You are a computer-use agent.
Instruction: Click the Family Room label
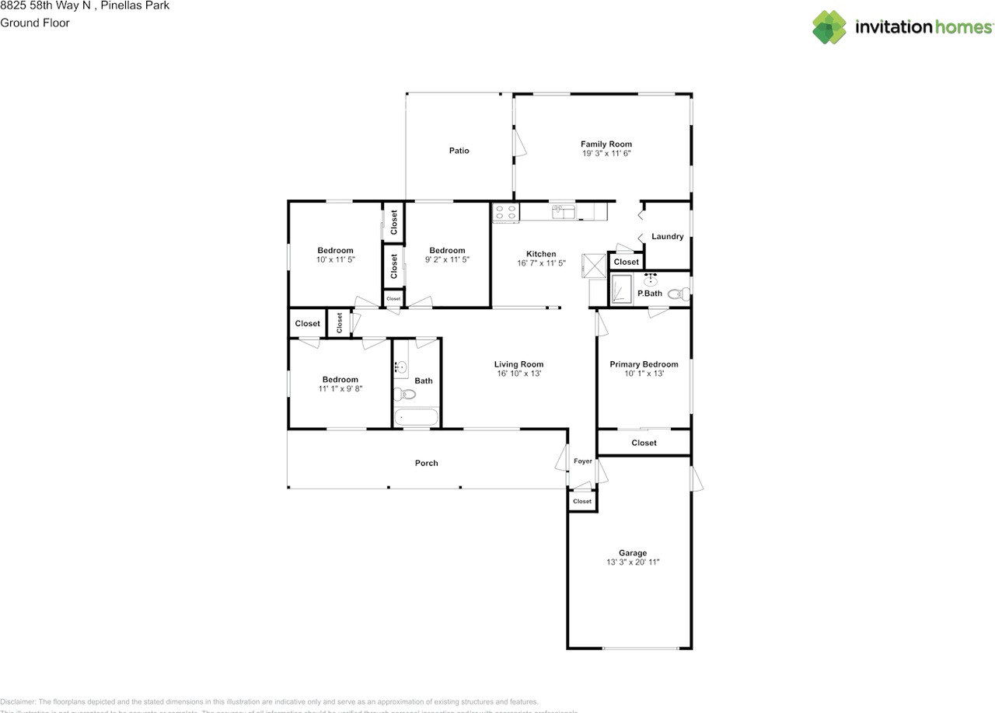[606, 144]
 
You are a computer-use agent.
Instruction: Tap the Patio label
[459, 151]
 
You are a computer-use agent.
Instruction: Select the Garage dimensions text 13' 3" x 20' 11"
[633, 562]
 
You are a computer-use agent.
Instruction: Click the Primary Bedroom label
[644, 364]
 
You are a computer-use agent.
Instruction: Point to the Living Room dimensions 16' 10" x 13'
[518, 374]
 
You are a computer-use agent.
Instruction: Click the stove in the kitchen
[505, 212]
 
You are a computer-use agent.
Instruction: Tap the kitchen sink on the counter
[564, 210]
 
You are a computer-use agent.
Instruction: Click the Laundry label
[667, 237]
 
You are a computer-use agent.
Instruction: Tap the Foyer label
[582, 461]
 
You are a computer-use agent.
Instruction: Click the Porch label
[426, 463]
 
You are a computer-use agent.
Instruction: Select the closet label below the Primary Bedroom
[644, 443]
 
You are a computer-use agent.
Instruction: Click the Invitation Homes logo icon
[829, 27]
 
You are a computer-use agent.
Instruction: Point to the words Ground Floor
[35, 23]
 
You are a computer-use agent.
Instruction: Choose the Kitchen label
[541, 254]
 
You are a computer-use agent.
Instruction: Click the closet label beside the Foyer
[582, 502]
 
